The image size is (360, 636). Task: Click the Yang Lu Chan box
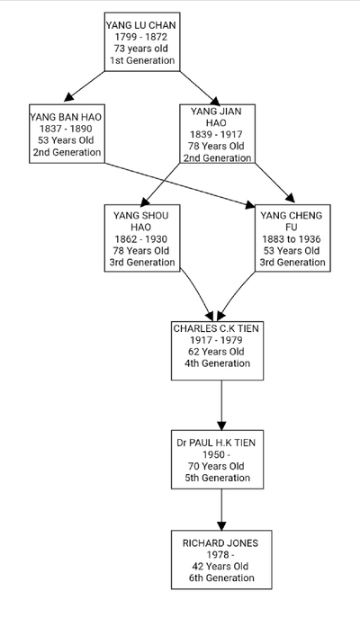pyautogui.click(x=142, y=41)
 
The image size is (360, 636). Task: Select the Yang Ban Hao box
pyautogui.click(x=67, y=134)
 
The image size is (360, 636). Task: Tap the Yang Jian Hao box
pyautogui.click(x=218, y=134)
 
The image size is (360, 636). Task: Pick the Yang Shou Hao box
pyautogui.click(x=142, y=238)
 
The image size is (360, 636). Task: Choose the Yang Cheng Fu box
pyautogui.click(x=292, y=238)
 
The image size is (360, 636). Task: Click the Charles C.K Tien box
pyautogui.click(x=217, y=351)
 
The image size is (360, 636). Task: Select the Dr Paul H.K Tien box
pyautogui.click(x=217, y=460)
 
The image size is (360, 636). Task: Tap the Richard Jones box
pyautogui.click(x=221, y=560)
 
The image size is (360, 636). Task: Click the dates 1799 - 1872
pyautogui.click(x=140, y=37)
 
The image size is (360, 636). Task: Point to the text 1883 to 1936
pyautogui.click(x=292, y=239)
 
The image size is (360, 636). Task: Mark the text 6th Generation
pyautogui.click(x=221, y=578)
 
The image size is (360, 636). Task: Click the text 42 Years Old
pyautogui.click(x=220, y=566)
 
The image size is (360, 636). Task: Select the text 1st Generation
pyautogui.click(x=142, y=60)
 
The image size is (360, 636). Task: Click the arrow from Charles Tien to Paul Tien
pyautogui.click(x=221, y=405)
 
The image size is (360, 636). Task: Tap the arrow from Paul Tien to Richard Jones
pyautogui.click(x=221, y=510)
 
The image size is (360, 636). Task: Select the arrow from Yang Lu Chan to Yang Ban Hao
pyautogui.click(x=85, y=86)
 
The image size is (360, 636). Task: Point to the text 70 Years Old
pyautogui.click(x=216, y=466)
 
